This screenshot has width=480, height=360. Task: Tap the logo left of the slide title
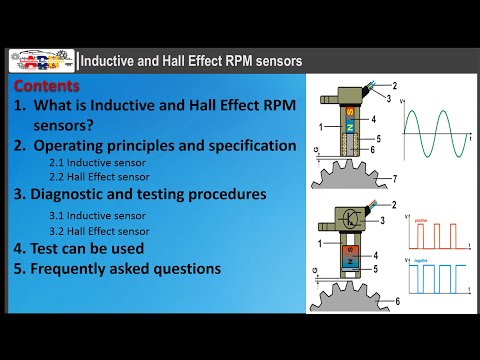coord(41,61)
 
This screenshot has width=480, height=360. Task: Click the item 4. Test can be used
coord(79,249)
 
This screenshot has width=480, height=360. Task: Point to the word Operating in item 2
coord(76,145)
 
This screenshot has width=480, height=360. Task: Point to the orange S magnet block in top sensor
coord(349,111)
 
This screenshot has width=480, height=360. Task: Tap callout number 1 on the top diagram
coord(320,128)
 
